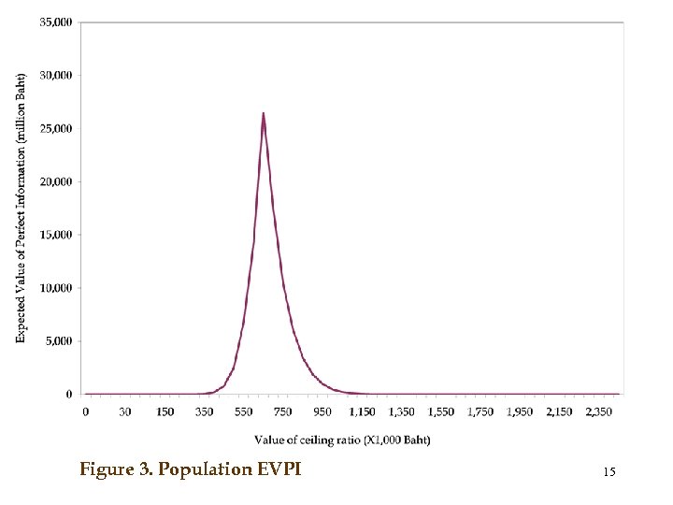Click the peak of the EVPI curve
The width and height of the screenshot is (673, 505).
point(264,114)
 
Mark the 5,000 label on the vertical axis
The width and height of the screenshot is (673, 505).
point(59,341)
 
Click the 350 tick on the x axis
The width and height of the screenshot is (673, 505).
point(204,411)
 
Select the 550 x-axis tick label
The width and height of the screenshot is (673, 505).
point(243,411)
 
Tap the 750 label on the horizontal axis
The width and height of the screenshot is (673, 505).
point(282,411)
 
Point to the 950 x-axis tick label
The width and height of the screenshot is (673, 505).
point(322,411)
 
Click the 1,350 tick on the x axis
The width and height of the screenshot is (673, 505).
point(401,411)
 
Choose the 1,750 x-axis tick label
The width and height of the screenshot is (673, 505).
point(480,411)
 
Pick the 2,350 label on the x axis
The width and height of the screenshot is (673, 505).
point(598,411)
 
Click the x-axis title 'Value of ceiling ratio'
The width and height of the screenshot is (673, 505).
point(342,440)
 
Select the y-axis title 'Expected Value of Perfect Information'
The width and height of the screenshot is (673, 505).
point(21,208)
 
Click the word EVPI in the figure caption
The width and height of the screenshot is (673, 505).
point(278,469)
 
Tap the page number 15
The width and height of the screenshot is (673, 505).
point(609,473)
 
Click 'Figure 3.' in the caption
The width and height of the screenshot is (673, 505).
point(117,469)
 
